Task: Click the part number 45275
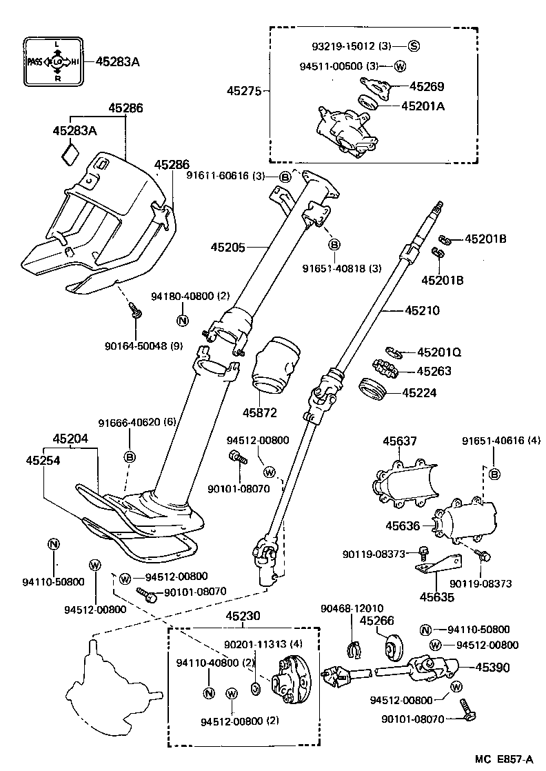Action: pos(245,90)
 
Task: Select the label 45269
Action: pos(427,87)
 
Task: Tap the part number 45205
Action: pos(229,246)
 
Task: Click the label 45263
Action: pos(434,371)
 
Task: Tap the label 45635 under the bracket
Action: pos(437,597)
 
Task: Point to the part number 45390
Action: pos(494,667)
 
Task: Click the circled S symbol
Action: pos(414,46)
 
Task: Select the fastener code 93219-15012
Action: pos(342,46)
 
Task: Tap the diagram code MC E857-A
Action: pos(503,758)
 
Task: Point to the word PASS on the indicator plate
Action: pos(35,62)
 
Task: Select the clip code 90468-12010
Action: pos(352,608)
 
